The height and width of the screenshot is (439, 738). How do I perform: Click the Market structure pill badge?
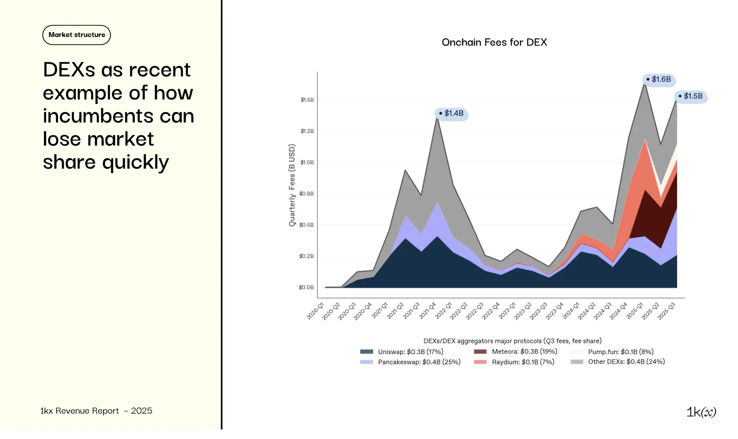tap(77, 35)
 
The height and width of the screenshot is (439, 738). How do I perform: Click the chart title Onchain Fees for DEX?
tap(494, 42)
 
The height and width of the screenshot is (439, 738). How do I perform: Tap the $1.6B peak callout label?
tap(659, 79)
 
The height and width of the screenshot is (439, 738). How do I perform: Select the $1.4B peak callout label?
tap(452, 113)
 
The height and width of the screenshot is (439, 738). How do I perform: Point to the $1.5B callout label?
tap(691, 96)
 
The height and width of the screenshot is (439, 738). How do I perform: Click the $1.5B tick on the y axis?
tap(307, 100)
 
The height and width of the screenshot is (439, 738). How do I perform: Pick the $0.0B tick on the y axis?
tap(306, 287)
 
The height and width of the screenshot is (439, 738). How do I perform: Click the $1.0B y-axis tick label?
tap(307, 162)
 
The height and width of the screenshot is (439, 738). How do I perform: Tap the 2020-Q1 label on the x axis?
tap(316, 311)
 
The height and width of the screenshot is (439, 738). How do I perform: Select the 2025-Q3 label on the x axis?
tap(667, 311)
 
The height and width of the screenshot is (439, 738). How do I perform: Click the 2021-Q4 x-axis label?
tap(427, 311)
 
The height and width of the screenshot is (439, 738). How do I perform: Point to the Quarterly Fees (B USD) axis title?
tap(292, 185)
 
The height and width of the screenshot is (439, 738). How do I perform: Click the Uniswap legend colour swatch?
tap(367, 352)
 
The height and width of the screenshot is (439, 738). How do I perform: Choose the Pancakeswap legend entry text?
tap(419, 362)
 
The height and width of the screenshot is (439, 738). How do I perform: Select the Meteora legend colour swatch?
tap(480, 352)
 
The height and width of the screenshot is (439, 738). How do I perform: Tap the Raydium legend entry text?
tap(523, 362)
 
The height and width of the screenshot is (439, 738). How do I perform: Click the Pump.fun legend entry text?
tap(621, 352)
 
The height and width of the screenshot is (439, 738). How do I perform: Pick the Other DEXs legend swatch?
tap(577, 362)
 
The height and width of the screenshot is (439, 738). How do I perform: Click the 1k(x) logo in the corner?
tap(701, 412)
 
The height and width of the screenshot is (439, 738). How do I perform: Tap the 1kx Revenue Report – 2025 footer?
tap(96, 411)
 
